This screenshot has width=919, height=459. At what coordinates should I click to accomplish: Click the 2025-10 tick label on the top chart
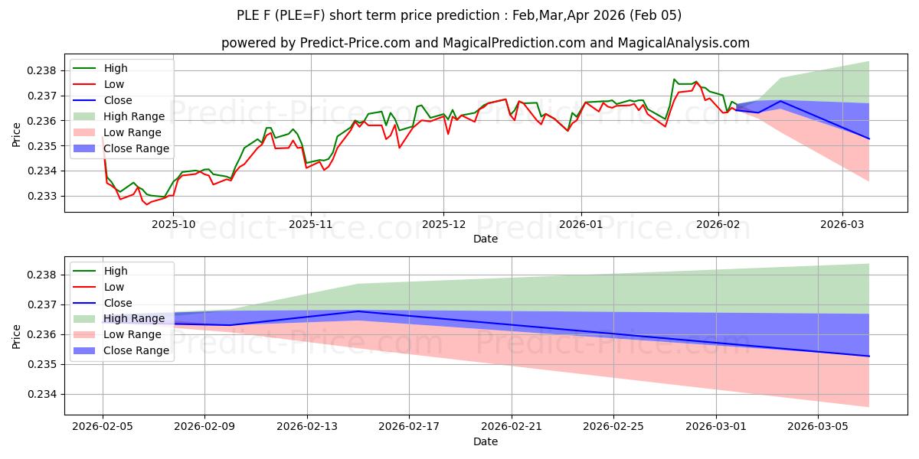point(174,224)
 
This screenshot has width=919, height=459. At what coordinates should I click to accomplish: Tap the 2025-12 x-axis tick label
point(443,224)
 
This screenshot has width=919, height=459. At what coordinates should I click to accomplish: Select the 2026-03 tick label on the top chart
point(842,224)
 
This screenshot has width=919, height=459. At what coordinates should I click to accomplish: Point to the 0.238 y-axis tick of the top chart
point(44,70)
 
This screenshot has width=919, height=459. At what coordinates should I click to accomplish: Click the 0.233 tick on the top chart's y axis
point(44,196)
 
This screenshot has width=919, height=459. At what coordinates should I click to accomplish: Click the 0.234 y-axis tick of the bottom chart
point(44,394)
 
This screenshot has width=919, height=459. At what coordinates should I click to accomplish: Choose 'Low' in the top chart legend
point(114,84)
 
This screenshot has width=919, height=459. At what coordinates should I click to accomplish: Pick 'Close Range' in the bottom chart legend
point(136,350)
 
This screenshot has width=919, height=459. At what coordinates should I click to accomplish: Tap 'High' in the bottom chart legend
point(116,271)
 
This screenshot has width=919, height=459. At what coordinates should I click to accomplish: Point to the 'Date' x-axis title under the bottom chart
point(486,441)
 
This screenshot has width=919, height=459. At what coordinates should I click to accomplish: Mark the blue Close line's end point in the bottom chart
point(869,356)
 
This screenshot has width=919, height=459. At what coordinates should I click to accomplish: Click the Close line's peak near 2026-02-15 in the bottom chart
point(358,311)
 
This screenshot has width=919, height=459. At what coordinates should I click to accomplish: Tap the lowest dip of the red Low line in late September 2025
point(147,204)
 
